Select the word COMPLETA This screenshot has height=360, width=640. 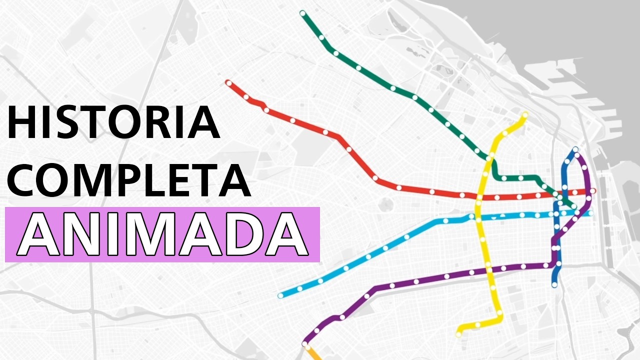pos(128,177)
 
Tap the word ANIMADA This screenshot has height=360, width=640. pos(162,234)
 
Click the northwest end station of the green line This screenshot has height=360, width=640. pos(302,13)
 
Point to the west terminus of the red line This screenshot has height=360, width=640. pos(228,82)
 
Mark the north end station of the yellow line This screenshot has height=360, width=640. pos(525,115)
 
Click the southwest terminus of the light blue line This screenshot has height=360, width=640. pos(280,295)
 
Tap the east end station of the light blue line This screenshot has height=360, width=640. pos(590,213)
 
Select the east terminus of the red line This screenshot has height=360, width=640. pos(593,191)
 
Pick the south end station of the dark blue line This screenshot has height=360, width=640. pos(554,284)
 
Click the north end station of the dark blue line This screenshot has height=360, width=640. pos(575,149)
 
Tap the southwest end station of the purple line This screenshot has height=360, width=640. pos(305,344)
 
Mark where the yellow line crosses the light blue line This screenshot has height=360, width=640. pos(478,216)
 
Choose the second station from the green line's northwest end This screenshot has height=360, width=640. pos(321,38)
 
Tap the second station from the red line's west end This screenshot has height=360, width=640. pos(246,96)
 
